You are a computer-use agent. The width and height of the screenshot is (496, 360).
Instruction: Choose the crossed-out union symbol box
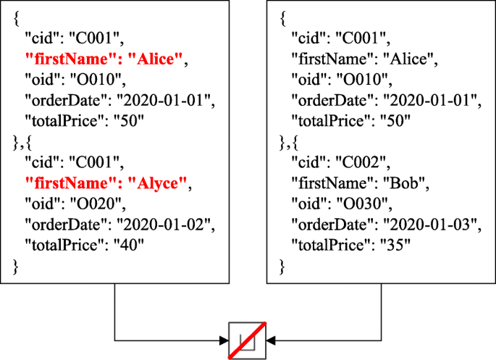(x=248, y=339)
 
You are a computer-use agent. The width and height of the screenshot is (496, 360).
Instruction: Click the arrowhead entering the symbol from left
(x=224, y=339)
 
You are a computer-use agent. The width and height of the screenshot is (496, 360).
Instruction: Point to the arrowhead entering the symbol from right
(x=271, y=339)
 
